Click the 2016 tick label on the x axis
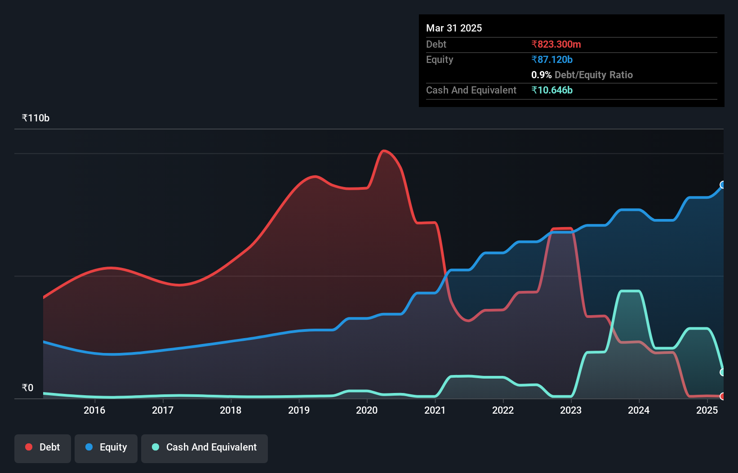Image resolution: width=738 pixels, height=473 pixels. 94,410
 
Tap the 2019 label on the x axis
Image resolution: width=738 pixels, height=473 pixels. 299,410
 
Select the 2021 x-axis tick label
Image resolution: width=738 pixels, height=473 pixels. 435,410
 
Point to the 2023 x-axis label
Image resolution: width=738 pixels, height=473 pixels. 571,410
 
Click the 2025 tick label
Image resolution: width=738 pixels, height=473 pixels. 707,410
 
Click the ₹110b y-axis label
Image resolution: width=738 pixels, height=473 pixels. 36,118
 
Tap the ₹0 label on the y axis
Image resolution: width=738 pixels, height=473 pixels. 27,388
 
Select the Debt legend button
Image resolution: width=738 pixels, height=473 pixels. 43,447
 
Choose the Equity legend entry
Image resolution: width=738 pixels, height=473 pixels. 106,447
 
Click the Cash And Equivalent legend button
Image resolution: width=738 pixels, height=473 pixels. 205,447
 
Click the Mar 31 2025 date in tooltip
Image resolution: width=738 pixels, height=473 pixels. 454,28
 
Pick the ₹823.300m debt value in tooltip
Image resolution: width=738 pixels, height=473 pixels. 556,44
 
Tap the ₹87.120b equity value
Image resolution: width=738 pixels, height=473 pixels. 552,59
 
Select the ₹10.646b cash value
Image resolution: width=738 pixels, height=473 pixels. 552,90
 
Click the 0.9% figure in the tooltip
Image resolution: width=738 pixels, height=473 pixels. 541,75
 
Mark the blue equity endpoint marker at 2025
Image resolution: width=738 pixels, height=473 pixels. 723,185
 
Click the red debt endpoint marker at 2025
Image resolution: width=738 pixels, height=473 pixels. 723,396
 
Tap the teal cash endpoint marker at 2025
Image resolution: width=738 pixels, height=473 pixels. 723,372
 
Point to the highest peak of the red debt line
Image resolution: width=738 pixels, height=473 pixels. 383,151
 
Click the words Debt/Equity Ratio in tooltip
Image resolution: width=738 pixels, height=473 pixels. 593,75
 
